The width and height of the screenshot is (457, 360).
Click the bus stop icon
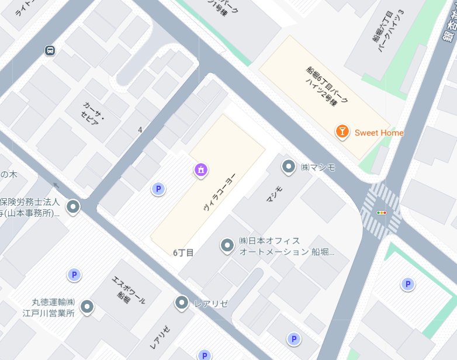[x=51, y=50]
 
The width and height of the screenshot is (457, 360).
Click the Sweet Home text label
[x=379, y=133]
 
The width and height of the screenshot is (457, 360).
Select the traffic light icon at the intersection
[x=382, y=213]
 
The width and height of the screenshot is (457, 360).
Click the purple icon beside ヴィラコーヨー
[x=200, y=170]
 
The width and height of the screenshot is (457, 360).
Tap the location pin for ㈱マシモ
[x=289, y=167]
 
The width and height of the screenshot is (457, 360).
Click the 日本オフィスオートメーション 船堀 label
[x=287, y=247]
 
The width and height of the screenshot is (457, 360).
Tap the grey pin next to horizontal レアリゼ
[x=182, y=303]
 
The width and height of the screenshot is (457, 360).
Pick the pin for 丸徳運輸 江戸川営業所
[x=87, y=306]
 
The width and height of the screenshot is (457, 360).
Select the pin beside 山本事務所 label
[x=73, y=206]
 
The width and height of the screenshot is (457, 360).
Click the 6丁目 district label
[x=183, y=252]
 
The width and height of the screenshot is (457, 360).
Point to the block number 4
[x=140, y=129]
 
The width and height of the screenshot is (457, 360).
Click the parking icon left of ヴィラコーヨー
[x=157, y=189]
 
